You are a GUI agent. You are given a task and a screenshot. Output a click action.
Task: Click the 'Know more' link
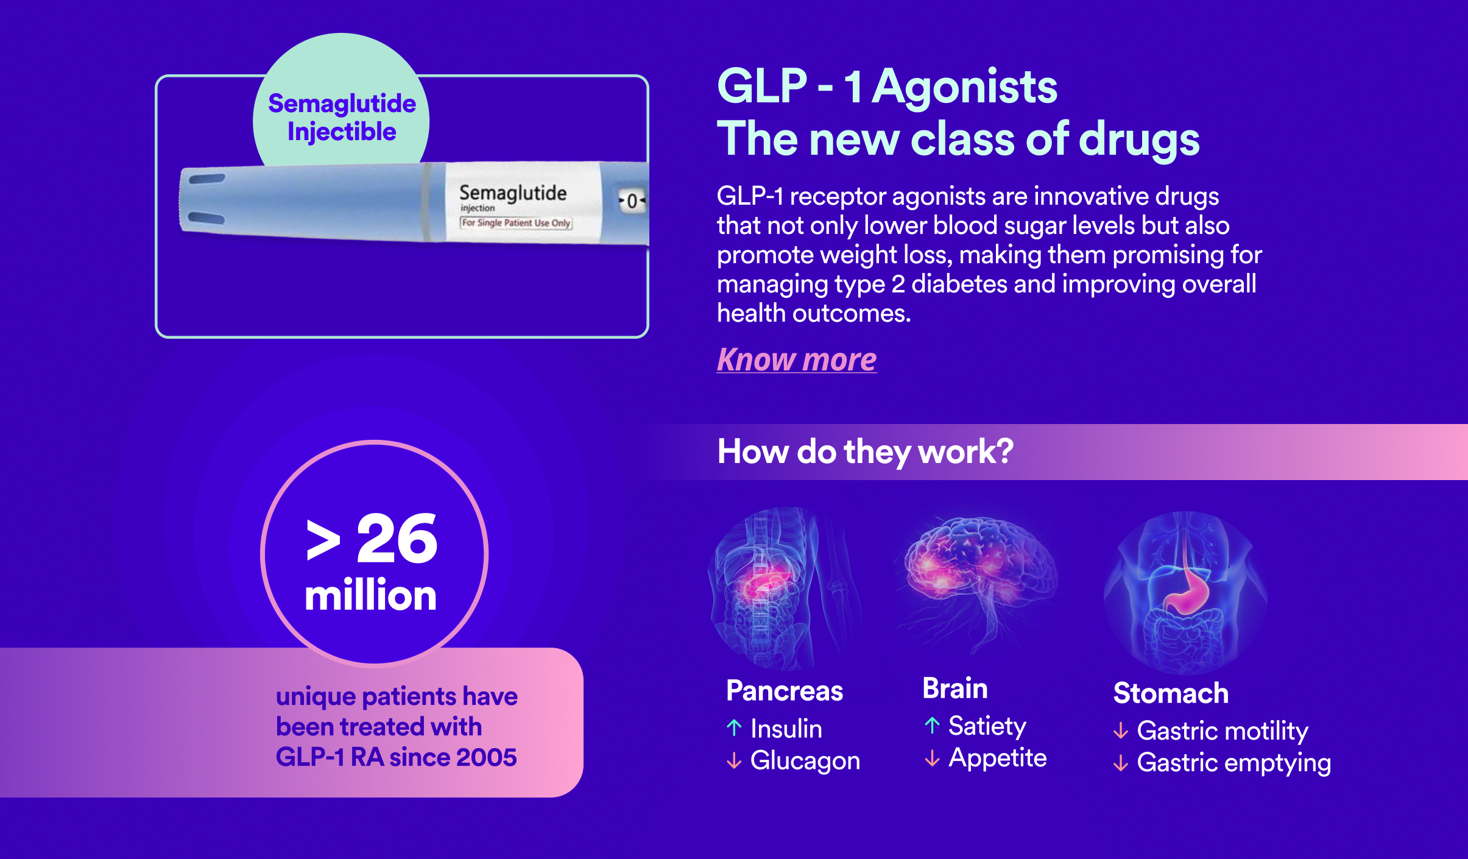(x=797, y=359)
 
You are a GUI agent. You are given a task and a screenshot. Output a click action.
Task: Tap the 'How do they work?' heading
(x=866, y=451)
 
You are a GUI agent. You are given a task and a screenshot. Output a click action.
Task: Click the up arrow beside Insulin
(x=734, y=727)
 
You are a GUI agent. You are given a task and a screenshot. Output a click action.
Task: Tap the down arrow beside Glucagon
(x=734, y=760)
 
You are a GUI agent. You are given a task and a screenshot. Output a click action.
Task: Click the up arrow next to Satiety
(x=932, y=725)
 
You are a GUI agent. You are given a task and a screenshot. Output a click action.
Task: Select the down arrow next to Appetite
(x=932, y=758)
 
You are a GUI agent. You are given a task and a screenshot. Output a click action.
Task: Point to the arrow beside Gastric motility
(x=1121, y=730)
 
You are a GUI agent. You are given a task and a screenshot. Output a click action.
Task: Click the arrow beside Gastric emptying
(x=1121, y=763)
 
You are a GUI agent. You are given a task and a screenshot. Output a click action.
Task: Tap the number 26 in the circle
(x=397, y=538)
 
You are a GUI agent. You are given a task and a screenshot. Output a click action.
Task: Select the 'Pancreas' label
(x=785, y=691)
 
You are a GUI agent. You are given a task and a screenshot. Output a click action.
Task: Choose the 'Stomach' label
(x=1171, y=693)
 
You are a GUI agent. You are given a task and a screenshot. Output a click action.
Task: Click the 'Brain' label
(x=955, y=688)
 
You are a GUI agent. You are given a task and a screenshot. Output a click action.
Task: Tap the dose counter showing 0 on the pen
(x=632, y=200)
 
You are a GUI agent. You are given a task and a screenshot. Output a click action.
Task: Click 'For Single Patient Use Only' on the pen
(x=516, y=223)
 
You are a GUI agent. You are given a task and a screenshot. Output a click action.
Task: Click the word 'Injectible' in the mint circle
(x=342, y=132)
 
